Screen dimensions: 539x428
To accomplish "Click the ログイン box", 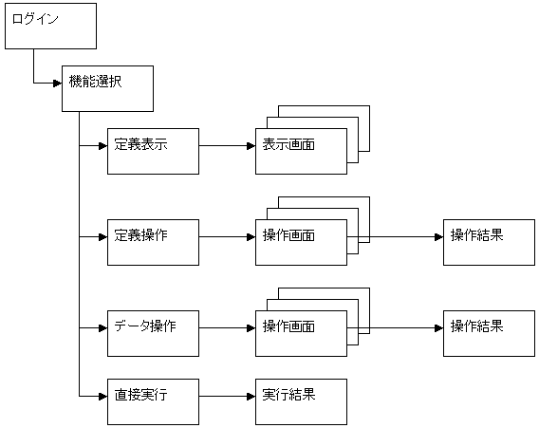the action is [50, 27].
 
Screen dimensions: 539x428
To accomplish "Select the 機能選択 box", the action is [107, 88].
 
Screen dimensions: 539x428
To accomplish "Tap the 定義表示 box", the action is [153, 151].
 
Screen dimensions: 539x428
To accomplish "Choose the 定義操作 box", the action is [153, 242].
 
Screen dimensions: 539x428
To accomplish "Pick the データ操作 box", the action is [153, 333].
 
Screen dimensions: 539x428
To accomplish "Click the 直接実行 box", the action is [153, 401].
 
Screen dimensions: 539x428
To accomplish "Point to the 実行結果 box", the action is [301, 401].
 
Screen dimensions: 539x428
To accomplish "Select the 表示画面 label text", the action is [288, 144].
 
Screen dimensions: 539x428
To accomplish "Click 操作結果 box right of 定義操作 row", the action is [489, 242].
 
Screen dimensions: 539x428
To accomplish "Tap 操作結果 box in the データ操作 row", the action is [489, 333].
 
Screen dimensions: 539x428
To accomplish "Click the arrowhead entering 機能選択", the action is [58, 83].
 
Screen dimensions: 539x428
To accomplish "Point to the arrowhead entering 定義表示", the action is [103, 146].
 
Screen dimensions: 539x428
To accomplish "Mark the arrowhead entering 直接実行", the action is [103, 397].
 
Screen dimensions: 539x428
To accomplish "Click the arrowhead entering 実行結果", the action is [251, 397].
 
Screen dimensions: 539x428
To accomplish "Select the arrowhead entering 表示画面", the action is [251, 146].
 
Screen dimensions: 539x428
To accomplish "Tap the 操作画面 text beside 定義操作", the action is [288, 235].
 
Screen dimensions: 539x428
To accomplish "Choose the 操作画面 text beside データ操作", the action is [288, 326].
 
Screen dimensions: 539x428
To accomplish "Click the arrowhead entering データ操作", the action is [103, 328].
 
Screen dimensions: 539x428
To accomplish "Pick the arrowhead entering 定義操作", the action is [103, 237].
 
